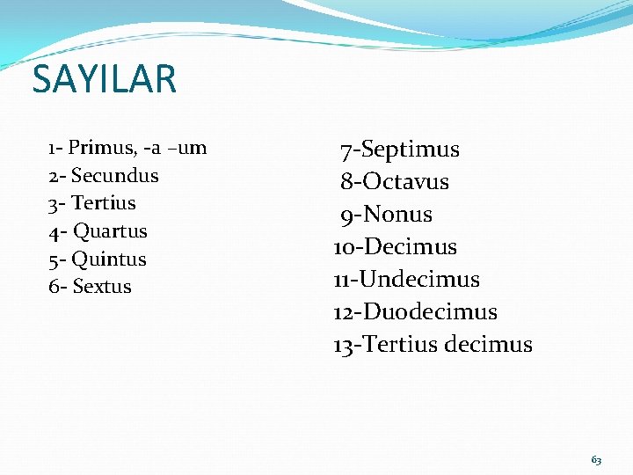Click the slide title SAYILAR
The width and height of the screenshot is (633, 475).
104,79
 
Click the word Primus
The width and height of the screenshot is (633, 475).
98,147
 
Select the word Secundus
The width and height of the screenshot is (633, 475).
115,175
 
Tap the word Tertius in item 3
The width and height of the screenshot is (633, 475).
104,203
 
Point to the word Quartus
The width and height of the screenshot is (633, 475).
110,231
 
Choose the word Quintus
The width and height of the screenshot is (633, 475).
109,259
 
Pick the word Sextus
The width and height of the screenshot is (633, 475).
102,287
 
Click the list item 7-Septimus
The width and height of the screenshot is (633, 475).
400,150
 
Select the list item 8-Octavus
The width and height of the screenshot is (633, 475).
395,182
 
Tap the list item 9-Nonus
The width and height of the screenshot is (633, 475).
387,215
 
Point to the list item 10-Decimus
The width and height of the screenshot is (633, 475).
396,247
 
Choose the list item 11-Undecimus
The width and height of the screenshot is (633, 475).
407,280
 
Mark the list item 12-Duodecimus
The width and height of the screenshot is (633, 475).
416,312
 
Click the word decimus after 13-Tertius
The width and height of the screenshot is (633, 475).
489,345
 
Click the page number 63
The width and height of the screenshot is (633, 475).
596,460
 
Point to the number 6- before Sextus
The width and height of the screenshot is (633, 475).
58,287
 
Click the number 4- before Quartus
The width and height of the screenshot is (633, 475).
58,231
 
